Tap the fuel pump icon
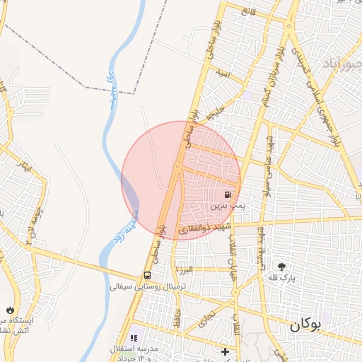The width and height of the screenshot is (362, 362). (x=228, y=194)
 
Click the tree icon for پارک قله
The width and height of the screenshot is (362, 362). (x=283, y=267)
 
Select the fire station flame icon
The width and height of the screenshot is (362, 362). (x=9, y=309)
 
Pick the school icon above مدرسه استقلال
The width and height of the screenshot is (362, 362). (x=134, y=339)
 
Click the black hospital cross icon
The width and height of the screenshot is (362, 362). (x=225, y=351)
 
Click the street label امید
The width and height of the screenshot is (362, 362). (x=223, y=74)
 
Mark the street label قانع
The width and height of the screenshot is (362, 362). (x=247, y=11)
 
